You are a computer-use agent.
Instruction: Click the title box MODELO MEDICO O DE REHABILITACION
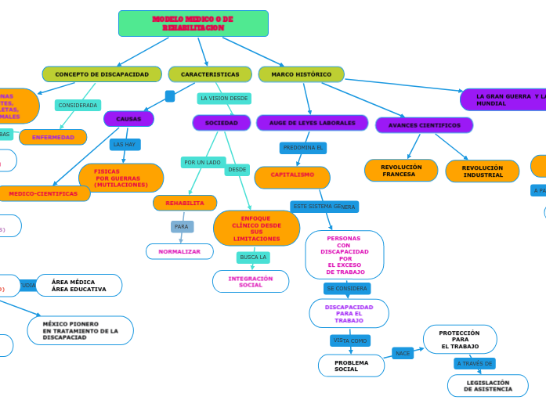pos(193,23)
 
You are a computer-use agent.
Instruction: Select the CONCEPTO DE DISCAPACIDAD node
pos(102,74)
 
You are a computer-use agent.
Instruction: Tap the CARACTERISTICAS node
pos(210,74)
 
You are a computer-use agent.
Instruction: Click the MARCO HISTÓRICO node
pos(301,74)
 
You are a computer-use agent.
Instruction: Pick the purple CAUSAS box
pos(128,119)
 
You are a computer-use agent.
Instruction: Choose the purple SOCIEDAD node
pos(221,123)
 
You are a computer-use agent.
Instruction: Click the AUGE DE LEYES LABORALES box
pos(312,123)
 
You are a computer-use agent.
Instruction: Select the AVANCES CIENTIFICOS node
pos(424,125)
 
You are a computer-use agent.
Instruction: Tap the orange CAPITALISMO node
pos(292,175)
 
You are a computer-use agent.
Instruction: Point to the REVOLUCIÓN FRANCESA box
pos(401,171)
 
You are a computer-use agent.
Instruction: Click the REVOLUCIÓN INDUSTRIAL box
pos(482,171)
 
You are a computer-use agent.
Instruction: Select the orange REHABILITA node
pos(185,203)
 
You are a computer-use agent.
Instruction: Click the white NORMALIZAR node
pos(179,251)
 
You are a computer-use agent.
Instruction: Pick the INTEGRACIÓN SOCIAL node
pos(251,282)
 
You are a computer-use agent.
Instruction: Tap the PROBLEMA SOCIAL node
pos(351,366)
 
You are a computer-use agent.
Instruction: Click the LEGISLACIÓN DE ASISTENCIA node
pos(487,385)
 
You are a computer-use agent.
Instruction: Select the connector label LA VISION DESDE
pos(224,99)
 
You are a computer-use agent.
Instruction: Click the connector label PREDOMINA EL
pos(303,147)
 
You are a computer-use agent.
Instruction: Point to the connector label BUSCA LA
pos(253,257)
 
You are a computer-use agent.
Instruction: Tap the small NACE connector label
pos(403,354)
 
